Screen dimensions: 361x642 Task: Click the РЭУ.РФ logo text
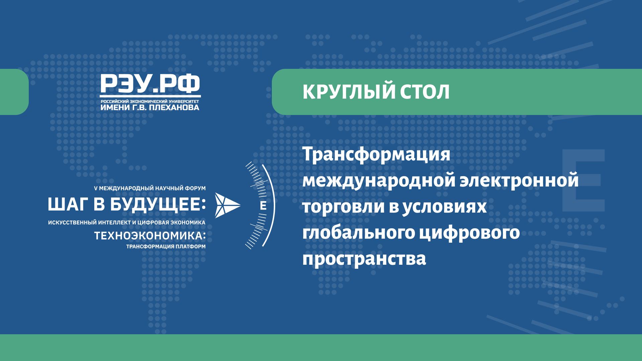[x=150, y=84]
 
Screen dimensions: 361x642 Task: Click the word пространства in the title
[x=364, y=259]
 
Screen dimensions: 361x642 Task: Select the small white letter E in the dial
[x=263, y=206]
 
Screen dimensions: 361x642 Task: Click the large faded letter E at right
[x=583, y=180]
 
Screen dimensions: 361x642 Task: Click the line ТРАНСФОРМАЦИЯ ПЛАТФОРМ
[x=166, y=247]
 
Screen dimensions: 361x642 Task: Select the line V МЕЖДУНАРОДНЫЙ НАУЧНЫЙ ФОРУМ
[x=150, y=189]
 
